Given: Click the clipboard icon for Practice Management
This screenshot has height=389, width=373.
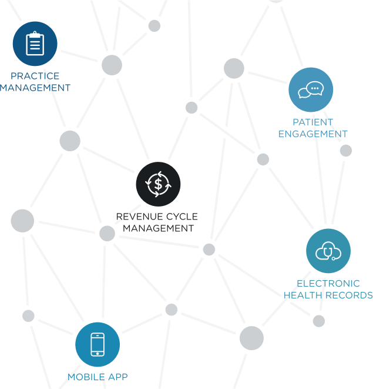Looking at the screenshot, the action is (35, 44).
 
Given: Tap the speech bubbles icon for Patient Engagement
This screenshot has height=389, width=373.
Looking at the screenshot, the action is (311, 89).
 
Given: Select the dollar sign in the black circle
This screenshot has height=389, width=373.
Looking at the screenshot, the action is (158, 184).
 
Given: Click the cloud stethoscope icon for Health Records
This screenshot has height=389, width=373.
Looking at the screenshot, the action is (328, 251).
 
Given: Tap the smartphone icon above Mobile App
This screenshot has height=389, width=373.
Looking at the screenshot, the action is (98, 344).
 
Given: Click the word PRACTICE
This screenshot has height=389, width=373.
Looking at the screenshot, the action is (35, 76).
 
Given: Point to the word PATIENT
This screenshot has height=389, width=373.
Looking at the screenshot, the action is (313, 122).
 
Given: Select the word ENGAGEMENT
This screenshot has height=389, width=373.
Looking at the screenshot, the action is (313, 134).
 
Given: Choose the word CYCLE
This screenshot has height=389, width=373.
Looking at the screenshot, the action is (182, 217).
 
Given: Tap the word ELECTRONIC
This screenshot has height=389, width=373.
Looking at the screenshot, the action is (328, 283).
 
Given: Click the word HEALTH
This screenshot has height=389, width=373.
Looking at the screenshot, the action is (303, 295).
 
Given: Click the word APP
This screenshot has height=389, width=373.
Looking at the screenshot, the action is (118, 377).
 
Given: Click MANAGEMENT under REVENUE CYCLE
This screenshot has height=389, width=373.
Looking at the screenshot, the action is (158, 228).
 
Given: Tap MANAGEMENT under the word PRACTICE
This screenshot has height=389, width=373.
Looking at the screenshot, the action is (35, 88).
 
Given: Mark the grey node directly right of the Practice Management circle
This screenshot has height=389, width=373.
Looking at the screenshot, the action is (112, 65).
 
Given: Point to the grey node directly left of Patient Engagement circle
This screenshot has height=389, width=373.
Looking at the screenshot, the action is (234, 68).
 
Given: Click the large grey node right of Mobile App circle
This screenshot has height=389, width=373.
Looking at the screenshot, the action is (251, 338).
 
